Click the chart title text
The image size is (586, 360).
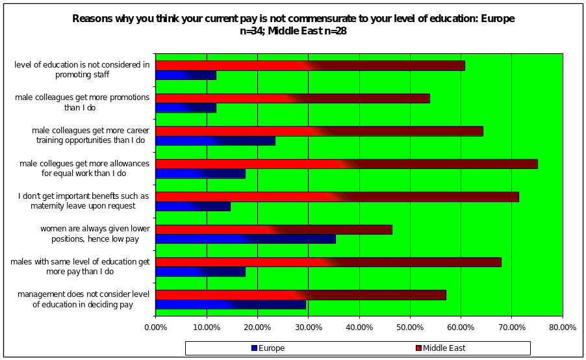(293, 25)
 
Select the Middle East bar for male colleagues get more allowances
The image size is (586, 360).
(346, 164)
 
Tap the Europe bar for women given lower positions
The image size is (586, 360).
(246, 239)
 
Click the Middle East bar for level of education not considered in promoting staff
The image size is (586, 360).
(310, 66)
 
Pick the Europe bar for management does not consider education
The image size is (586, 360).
(231, 304)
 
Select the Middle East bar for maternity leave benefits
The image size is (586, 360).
(337, 197)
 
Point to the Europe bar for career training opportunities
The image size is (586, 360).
(215, 140)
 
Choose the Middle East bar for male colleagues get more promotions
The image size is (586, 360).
(292, 98)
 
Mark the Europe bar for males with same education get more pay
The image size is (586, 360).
(200, 272)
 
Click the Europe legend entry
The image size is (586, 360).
(268, 348)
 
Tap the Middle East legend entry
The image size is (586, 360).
(440, 348)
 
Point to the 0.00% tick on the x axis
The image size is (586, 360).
(156, 328)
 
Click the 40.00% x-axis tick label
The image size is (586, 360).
(359, 328)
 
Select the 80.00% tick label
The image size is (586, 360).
(563, 328)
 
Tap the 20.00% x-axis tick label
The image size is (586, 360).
(258, 328)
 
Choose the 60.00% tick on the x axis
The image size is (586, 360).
(461, 328)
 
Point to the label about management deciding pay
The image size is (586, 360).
(83, 300)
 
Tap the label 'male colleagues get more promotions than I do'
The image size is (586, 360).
(83, 103)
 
